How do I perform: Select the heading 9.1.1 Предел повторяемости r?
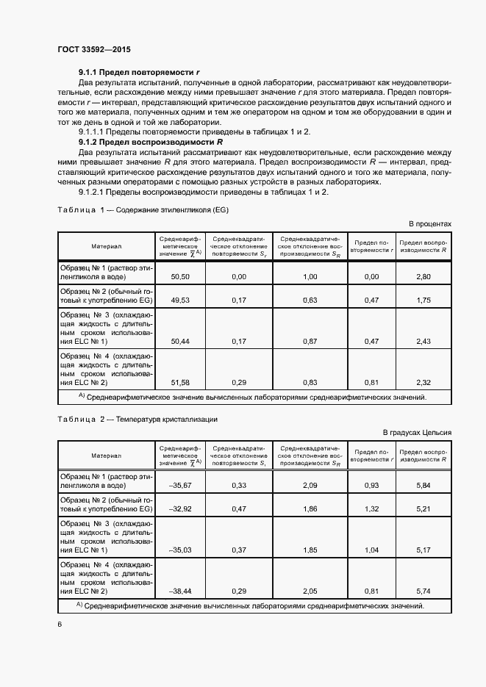140,73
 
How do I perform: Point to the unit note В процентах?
430,223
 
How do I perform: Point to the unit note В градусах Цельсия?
417,433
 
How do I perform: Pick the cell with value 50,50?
180,276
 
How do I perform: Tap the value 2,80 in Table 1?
423,276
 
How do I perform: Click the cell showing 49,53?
180,300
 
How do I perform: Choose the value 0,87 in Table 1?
310,342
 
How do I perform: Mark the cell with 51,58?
180,383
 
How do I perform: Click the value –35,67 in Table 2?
180,486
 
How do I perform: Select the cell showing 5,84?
423,486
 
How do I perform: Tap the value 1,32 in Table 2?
371,508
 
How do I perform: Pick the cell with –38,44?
180,591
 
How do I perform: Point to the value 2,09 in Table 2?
310,486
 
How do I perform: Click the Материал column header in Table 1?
107,247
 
